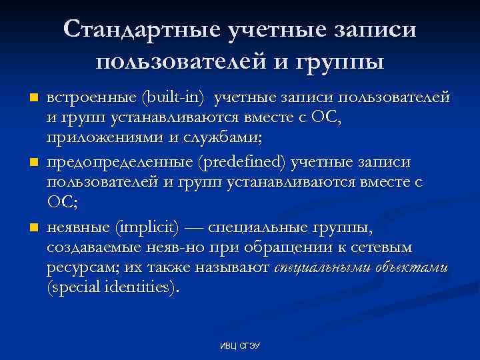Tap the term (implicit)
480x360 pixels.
[147, 229]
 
